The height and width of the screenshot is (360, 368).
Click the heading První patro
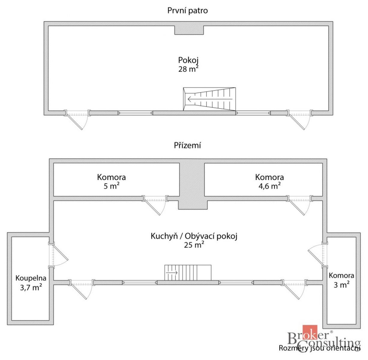tap(187, 10)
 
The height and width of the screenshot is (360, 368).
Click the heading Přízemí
tap(187, 145)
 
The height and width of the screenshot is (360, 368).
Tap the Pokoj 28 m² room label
tap(188, 64)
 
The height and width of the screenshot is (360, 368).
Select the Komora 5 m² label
tap(111, 181)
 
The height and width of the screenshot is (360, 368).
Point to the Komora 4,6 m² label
tap(269, 181)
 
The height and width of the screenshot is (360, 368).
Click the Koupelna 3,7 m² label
tap(31, 283)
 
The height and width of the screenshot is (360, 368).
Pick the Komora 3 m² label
tap(341, 280)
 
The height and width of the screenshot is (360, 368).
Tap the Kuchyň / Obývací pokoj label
tap(194, 236)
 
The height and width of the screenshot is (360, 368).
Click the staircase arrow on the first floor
tap(210, 99)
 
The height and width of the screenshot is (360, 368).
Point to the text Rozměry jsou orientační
tap(320, 348)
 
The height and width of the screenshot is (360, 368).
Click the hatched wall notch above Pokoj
tap(189, 30)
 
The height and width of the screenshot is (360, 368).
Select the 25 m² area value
tap(194, 245)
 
